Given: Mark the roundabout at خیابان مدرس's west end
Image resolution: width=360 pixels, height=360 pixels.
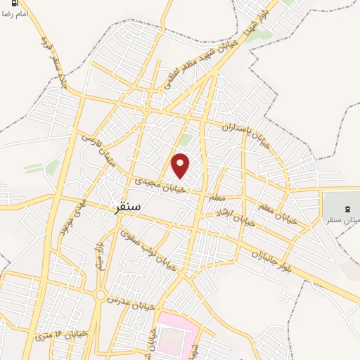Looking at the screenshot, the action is [101, 295].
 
